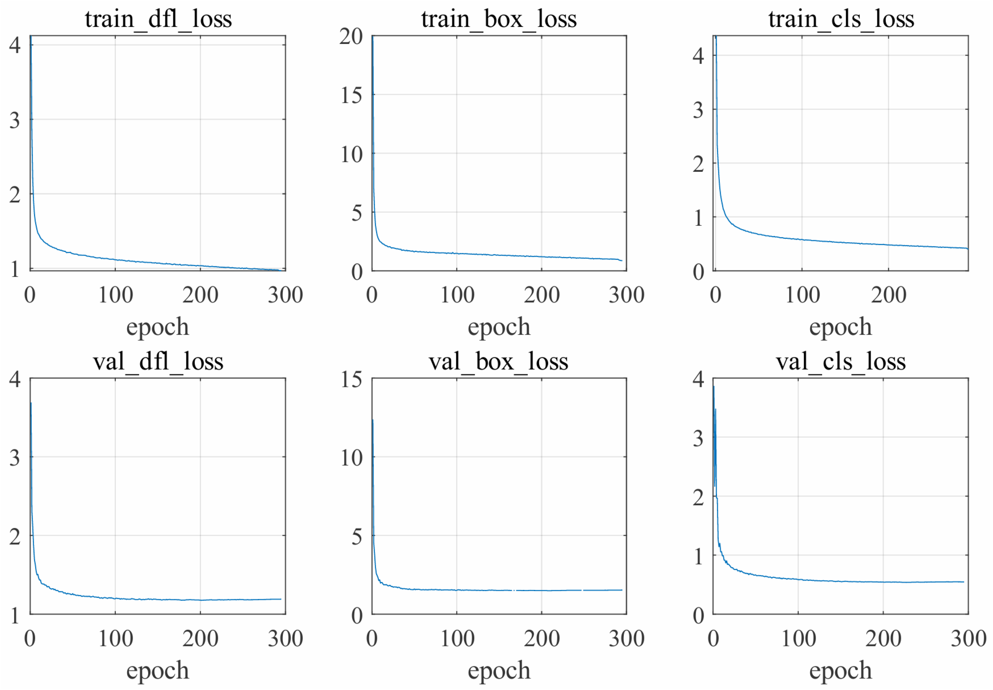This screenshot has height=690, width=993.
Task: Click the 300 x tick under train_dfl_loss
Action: (x=285, y=295)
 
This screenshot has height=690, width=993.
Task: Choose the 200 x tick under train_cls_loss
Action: (x=889, y=295)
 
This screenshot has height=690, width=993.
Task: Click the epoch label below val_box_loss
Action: (x=499, y=670)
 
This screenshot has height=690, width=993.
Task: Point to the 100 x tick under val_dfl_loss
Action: (x=115, y=638)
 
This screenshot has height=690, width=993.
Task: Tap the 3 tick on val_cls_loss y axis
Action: (x=698, y=438)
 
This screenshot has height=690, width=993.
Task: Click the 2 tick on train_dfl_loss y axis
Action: (x=15, y=195)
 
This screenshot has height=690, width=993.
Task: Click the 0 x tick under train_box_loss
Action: (x=372, y=295)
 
